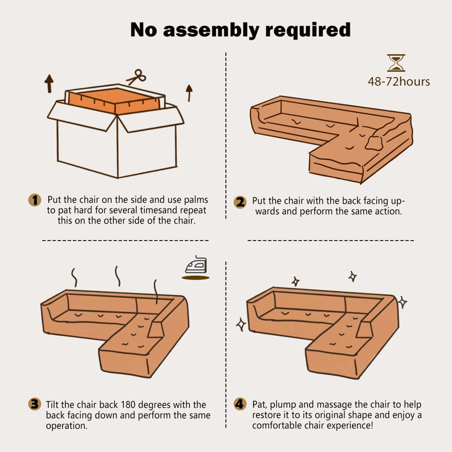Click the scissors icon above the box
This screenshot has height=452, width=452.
coord(136,77)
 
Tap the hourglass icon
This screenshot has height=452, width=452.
coord(396,63)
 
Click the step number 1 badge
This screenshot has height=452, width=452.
coord(35,200)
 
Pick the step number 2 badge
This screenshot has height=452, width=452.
coord(240,202)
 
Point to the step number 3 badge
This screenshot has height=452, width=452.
coord(34,404)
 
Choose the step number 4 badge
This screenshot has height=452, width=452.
coord(240,404)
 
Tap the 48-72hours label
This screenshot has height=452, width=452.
coord(399,81)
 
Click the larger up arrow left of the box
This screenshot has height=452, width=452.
coord(49,84)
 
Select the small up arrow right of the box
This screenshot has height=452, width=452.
coord(189,93)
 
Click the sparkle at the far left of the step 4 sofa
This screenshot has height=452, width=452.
coord(241,324)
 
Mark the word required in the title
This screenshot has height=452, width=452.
coord(307,30)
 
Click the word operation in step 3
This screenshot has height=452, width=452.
coord(66,426)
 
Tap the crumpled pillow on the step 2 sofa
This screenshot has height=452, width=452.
coord(374,143)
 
